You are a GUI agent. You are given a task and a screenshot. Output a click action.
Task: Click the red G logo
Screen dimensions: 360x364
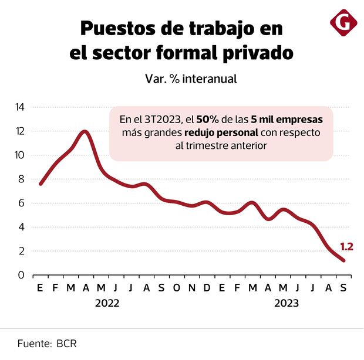pos(343,23)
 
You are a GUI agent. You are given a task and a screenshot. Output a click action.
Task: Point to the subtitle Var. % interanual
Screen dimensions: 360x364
pos(191,78)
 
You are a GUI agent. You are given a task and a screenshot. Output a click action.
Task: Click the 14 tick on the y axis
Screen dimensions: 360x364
pos(19,107)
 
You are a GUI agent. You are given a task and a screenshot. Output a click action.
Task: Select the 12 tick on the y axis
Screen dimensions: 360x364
pos(19,131)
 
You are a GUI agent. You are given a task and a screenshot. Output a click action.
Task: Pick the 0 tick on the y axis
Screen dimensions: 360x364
pos(22,275)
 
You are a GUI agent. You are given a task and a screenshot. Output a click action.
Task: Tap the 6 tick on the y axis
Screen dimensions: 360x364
pos(22,203)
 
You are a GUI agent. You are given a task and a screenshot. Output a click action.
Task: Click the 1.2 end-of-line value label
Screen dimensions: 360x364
pos(346,247)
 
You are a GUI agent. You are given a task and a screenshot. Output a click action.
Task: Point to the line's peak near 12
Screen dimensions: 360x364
pos(85,131)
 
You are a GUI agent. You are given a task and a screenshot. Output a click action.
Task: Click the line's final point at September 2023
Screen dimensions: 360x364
pos(343,260)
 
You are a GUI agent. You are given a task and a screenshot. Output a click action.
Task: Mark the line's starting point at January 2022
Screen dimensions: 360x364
pos(41,184)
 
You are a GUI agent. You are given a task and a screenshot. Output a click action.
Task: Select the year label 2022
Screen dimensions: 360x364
pos(107,304)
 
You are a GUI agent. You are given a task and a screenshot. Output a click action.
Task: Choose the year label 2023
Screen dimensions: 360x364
pos(287,304)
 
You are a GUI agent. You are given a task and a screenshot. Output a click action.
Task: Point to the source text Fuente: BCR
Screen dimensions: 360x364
pos(47,343)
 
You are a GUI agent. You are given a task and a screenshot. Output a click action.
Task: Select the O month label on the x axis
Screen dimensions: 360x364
pos(176,288)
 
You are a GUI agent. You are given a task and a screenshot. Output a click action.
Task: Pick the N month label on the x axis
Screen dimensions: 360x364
pos(191,288)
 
